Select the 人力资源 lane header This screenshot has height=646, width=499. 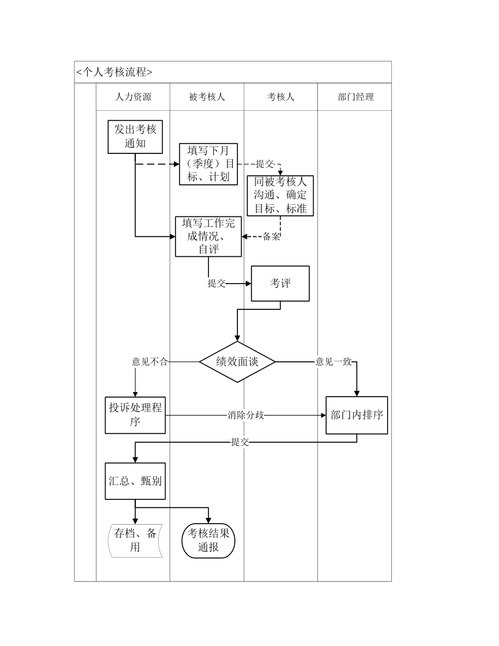(x=133, y=97)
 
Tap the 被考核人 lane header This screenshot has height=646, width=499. (x=207, y=97)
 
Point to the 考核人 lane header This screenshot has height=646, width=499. (x=280, y=97)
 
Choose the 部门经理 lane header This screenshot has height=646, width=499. (x=356, y=97)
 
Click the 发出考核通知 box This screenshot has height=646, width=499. (x=135, y=137)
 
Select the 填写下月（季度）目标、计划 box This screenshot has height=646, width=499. (x=208, y=164)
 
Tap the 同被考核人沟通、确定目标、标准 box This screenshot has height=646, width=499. (x=280, y=195)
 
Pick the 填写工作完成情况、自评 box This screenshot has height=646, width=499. (x=209, y=236)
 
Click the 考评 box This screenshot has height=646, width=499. (x=280, y=284)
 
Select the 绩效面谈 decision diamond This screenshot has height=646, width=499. (x=237, y=362)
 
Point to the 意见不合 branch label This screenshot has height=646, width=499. (x=149, y=362)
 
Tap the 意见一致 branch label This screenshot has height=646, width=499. (x=333, y=362)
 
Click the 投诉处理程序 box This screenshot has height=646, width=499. (x=136, y=415)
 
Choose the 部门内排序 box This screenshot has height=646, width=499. (x=357, y=415)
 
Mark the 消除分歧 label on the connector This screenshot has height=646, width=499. (x=246, y=415)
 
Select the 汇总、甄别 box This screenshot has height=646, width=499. (x=136, y=481)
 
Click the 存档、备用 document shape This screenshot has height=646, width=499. (x=136, y=540)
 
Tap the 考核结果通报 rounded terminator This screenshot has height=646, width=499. (x=209, y=540)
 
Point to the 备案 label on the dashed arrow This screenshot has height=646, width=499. (x=272, y=237)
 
